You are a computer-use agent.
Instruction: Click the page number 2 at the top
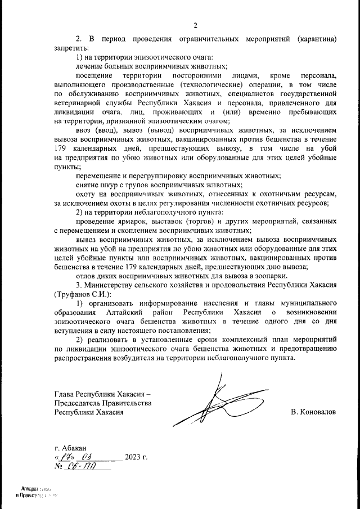(x=195, y=26)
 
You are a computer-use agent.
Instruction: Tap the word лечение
(x=90, y=66)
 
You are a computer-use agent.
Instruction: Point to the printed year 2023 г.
(x=136, y=456)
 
